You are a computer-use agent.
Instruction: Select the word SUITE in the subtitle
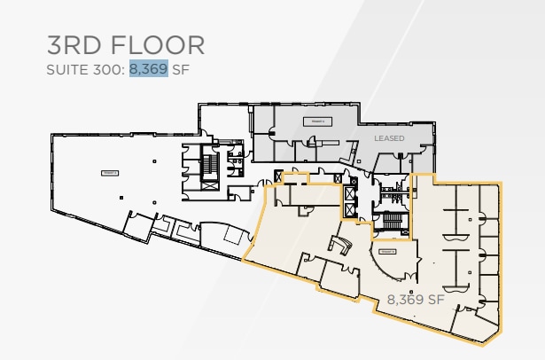click(x=65, y=69)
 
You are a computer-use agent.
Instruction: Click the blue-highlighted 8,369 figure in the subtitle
click(x=148, y=69)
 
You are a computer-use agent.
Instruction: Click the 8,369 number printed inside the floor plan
click(x=404, y=300)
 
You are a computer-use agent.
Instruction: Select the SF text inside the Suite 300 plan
click(x=434, y=300)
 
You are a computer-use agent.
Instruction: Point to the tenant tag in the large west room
click(x=110, y=173)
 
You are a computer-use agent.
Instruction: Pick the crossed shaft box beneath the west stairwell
click(x=209, y=186)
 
